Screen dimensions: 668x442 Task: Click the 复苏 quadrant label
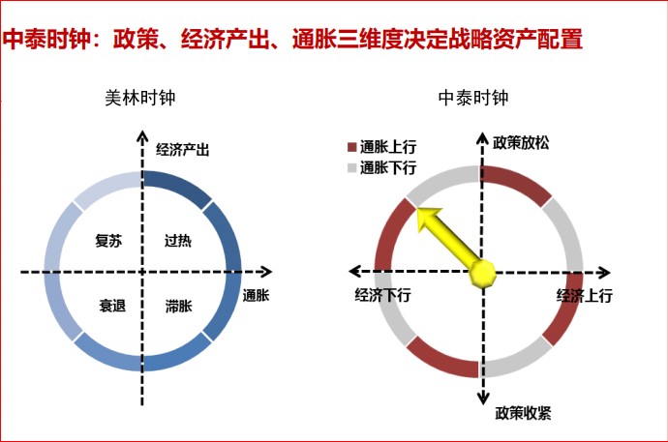tap(108, 241)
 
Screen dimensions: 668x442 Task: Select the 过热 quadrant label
tap(178, 241)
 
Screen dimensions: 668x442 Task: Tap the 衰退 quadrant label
tap(112, 306)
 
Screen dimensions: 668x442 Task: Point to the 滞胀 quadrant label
tap(179, 306)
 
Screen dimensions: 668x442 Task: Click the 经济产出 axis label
tap(182, 150)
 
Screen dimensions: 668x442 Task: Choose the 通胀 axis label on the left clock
tap(256, 295)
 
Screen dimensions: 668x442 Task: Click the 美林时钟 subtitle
tap(140, 98)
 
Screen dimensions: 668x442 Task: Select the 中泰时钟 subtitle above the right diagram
tap(473, 98)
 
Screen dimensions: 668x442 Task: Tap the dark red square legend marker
tap(351, 147)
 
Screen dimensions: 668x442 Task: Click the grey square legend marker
tap(351, 168)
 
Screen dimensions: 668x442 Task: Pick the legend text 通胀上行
tap(388, 147)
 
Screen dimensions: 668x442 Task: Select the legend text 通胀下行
tap(388, 168)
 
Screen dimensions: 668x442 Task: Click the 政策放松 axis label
tap(521, 143)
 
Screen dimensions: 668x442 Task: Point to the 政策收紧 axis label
tap(523, 413)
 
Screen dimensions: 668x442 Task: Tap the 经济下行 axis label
tap(382, 295)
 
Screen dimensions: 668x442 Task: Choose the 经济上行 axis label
tap(585, 295)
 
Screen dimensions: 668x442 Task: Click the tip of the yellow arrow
tap(417, 209)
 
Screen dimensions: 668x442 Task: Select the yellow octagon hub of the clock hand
tap(483, 273)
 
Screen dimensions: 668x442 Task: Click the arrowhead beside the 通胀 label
tap(266, 272)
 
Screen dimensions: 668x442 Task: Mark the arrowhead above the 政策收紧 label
tap(483, 398)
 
